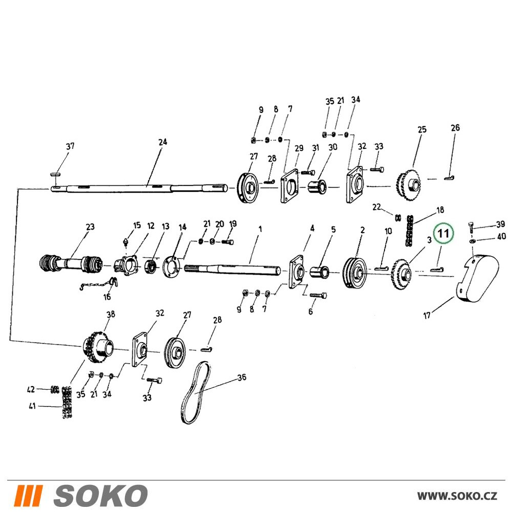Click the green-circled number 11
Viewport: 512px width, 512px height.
[443, 233]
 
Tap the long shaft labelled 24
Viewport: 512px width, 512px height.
[139, 188]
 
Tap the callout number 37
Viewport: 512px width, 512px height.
[70, 146]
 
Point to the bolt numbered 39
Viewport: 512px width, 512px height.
[471, 227]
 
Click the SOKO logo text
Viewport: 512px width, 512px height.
[100, 495]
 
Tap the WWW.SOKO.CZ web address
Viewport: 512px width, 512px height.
[457, 496]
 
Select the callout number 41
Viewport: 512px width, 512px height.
[32, 406]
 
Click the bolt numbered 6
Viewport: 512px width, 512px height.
[318, 295]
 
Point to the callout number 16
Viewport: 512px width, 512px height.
[107, 297]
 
